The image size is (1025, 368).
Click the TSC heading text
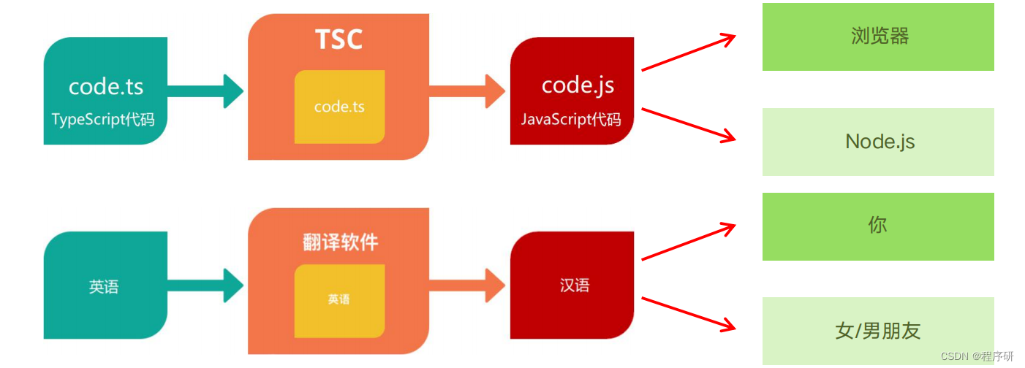338,39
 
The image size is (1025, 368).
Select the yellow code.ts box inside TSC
339,107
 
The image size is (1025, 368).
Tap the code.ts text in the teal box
106,86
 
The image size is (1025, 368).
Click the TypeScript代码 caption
103,119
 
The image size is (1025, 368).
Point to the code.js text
578,85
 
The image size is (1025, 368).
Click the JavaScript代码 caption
571,119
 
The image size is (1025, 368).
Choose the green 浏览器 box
878,37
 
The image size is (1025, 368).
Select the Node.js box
878,142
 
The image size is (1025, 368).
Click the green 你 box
878,226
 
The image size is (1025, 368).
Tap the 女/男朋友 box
878,331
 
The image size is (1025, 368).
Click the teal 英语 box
105,285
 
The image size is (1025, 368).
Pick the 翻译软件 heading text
340,242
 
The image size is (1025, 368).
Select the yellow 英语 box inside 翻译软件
339,300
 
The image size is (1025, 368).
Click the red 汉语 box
572,285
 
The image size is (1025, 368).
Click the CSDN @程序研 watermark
977,356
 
